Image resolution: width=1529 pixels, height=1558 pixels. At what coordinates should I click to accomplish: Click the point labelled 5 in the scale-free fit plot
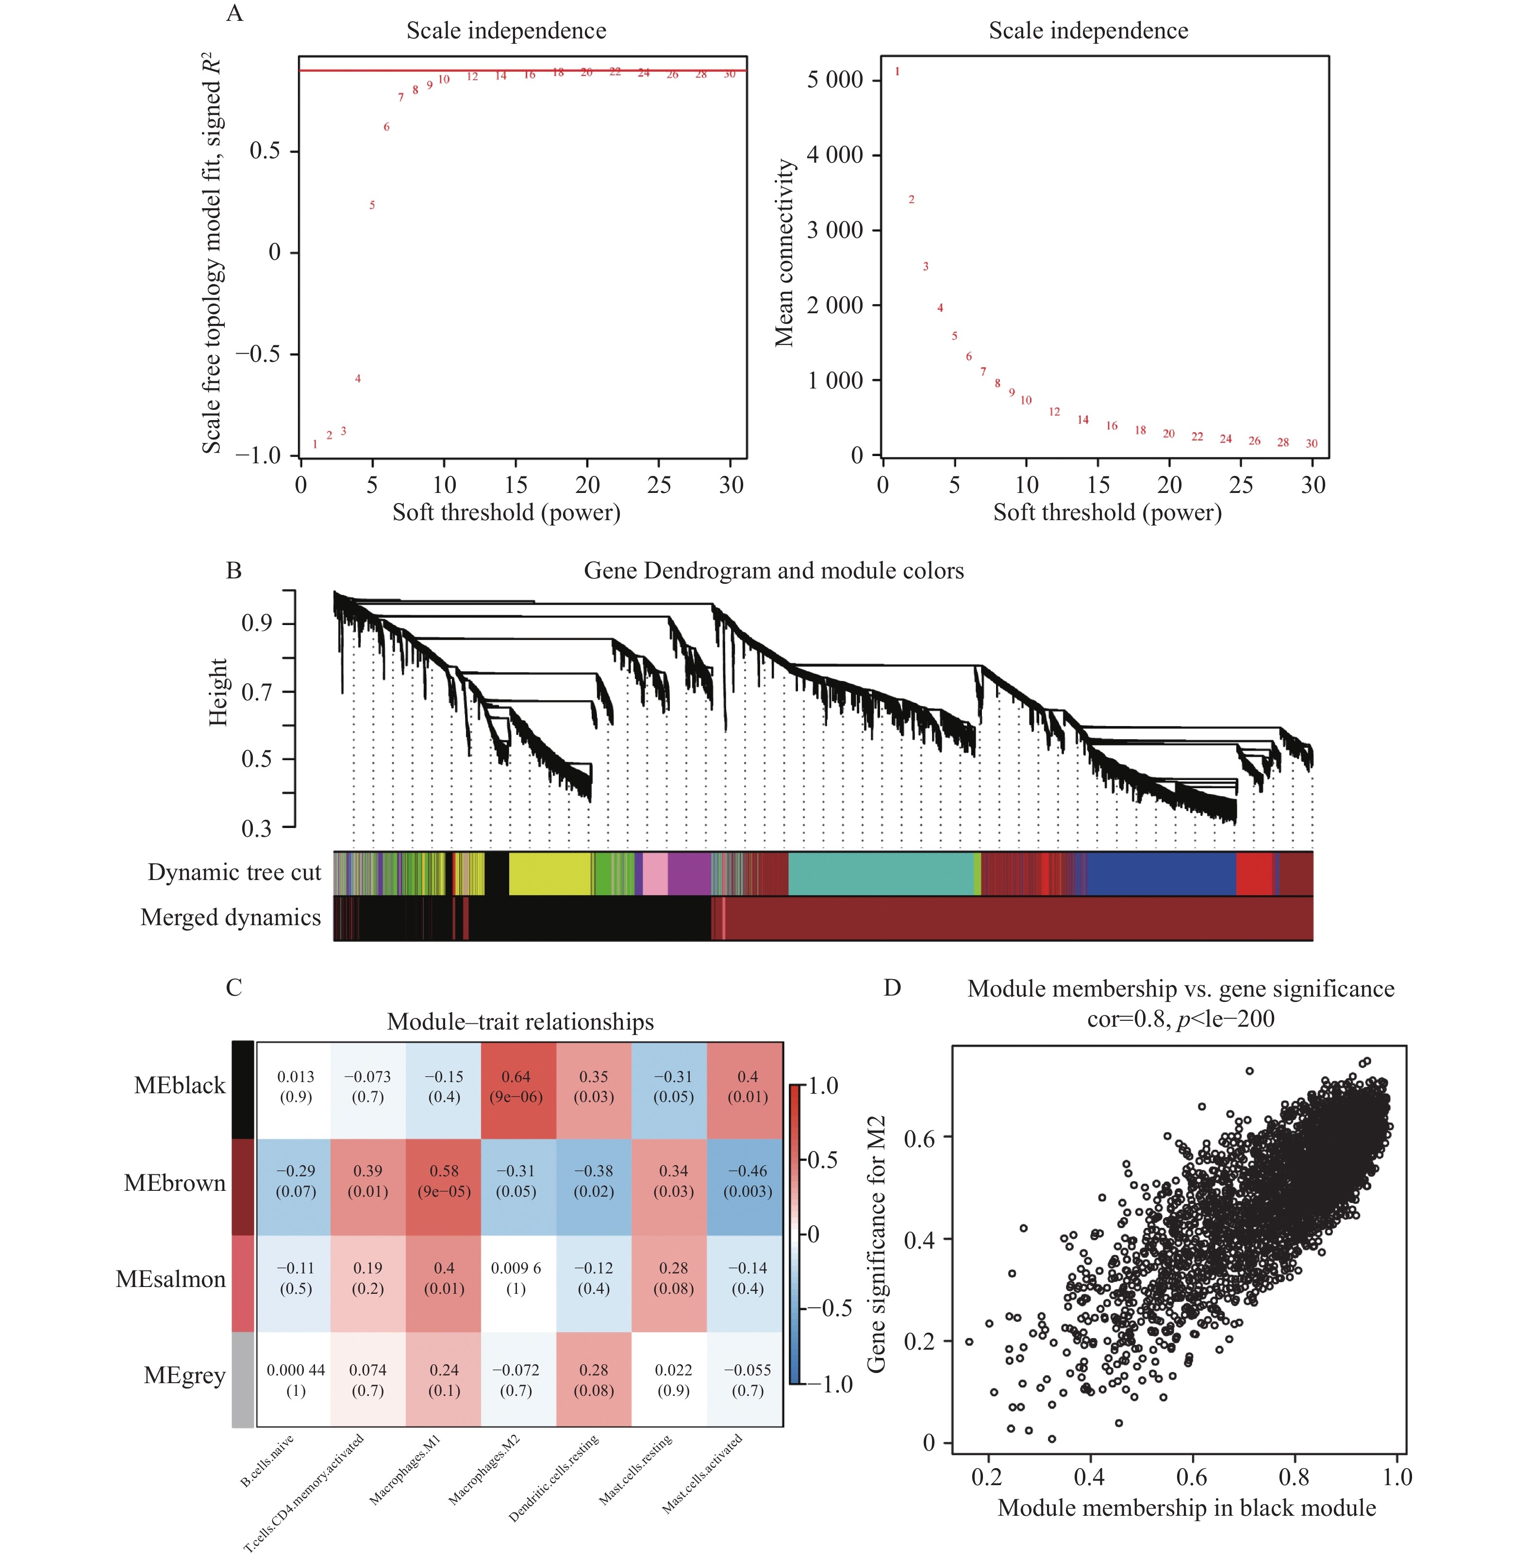(x=372, y=205)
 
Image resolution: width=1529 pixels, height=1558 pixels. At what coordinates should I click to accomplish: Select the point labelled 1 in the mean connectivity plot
(x=897, y=71)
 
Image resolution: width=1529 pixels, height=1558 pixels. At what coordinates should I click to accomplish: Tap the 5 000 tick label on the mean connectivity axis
(x=834, y=80)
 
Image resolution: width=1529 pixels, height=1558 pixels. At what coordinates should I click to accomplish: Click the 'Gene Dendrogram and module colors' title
(x=773, y=571)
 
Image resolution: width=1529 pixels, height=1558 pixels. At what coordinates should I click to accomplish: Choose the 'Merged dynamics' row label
(x=231, y=917)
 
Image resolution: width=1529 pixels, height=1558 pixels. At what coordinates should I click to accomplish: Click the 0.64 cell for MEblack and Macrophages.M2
(x=516, y=1086)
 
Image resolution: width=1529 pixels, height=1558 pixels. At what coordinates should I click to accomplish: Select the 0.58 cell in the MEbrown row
(x=444, y=1181)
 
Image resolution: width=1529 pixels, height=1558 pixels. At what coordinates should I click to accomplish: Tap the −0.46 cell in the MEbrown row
(x=748, y=1181)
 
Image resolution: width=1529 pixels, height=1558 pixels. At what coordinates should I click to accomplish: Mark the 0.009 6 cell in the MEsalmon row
(x=516, y=1278)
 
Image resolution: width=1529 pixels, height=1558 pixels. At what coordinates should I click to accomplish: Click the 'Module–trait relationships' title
(x=520, y=1021)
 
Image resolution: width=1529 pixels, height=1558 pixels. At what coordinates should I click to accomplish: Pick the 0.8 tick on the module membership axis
(x=1294, y=1477)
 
